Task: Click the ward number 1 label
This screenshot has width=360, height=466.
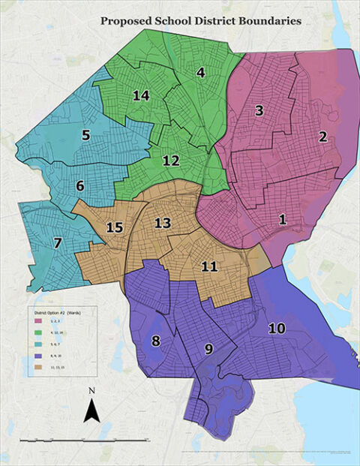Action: pyautogui.click(x=282, y=220)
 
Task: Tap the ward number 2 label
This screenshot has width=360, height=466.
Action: pyautogui.click(x=322, y=137)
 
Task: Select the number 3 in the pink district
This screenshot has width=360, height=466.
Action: pyautogui.click(x=259, y=111)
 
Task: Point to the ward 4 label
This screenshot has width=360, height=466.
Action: pyautogui.click(x=200, y=73)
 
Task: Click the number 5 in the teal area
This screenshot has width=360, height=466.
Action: pyautogui.click(x=86, y=136)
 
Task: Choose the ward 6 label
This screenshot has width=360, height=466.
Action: pyautogui.click(x=79, y=185)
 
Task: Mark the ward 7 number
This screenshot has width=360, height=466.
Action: pyautogui.click(x=57, y=243)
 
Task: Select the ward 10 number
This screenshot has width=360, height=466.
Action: pyautogui.click(x=277, y=328)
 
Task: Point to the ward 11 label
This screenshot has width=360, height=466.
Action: pyautogui.click(x=209, y=266)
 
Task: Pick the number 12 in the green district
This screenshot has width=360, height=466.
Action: pyautogui.click(x=171, y=161)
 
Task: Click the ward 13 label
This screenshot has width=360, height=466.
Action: pyautogui.click(x=163, y=223)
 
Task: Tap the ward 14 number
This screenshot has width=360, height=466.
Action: pyautogui.click(x=141, y=95)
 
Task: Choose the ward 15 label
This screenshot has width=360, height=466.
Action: pyautogui.click(x=114, y=227)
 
